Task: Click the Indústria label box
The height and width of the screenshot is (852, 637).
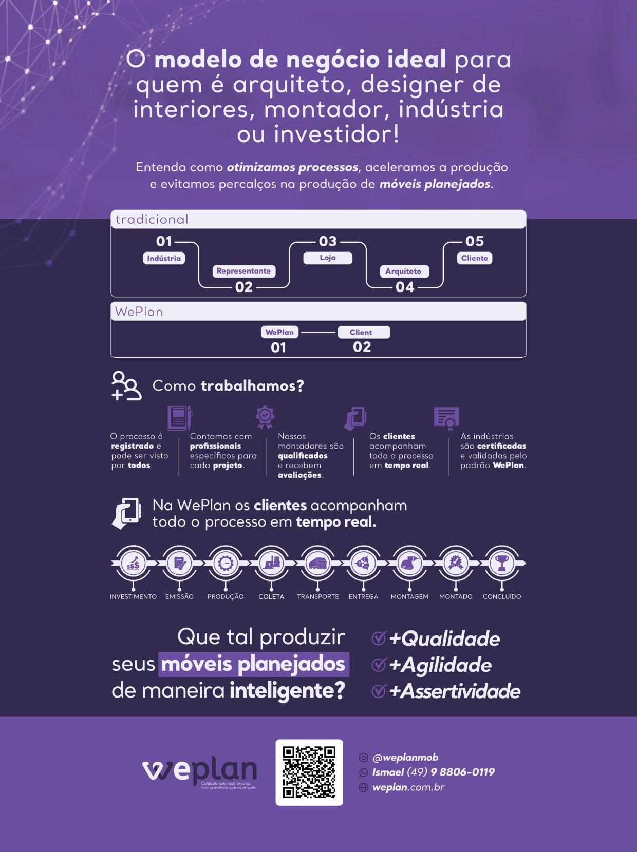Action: (x=164, y=258)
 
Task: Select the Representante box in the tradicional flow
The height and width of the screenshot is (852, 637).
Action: (x=243, y=271)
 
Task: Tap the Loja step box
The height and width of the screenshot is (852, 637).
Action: (x=328, y=258)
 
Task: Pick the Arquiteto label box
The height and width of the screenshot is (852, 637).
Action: (x=403, y=271)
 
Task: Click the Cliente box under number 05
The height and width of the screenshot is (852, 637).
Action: (x=474, y=258)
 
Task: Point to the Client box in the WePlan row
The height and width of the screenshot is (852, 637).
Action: (x=363, y=332)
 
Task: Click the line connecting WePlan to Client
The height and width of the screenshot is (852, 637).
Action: (x=318, y=332)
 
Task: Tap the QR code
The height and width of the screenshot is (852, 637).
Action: (x=309, y=772)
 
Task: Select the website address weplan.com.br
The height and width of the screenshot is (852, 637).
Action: (x=408, y=787)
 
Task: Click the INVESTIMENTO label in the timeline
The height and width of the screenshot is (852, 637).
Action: (x=133, y=596)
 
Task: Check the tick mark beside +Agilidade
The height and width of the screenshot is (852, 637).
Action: (x=379, y=665)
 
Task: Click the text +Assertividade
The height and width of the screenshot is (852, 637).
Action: (x=455, y=691)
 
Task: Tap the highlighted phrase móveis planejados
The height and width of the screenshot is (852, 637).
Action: (x=253, y=664)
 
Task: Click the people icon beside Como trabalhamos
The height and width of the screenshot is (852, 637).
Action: (x=126, y=385)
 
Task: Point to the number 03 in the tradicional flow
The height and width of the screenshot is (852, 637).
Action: (x=328, y=241)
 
